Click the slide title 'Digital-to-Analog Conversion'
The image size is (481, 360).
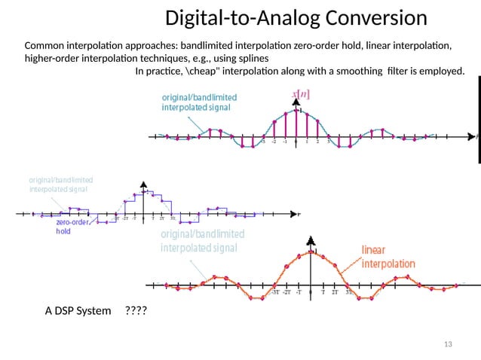tap(296, 17)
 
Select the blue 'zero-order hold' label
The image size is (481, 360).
tap(73, 227)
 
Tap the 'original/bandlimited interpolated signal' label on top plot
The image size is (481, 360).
tap(199, 102)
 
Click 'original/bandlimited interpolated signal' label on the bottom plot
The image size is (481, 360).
tap(202, 241)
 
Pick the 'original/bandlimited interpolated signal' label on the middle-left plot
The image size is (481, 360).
tap(61, 185)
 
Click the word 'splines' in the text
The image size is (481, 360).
tap(248, 58)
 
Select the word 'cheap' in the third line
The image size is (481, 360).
tap(195, 72)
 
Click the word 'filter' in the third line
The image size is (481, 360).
tap(397, 72)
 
